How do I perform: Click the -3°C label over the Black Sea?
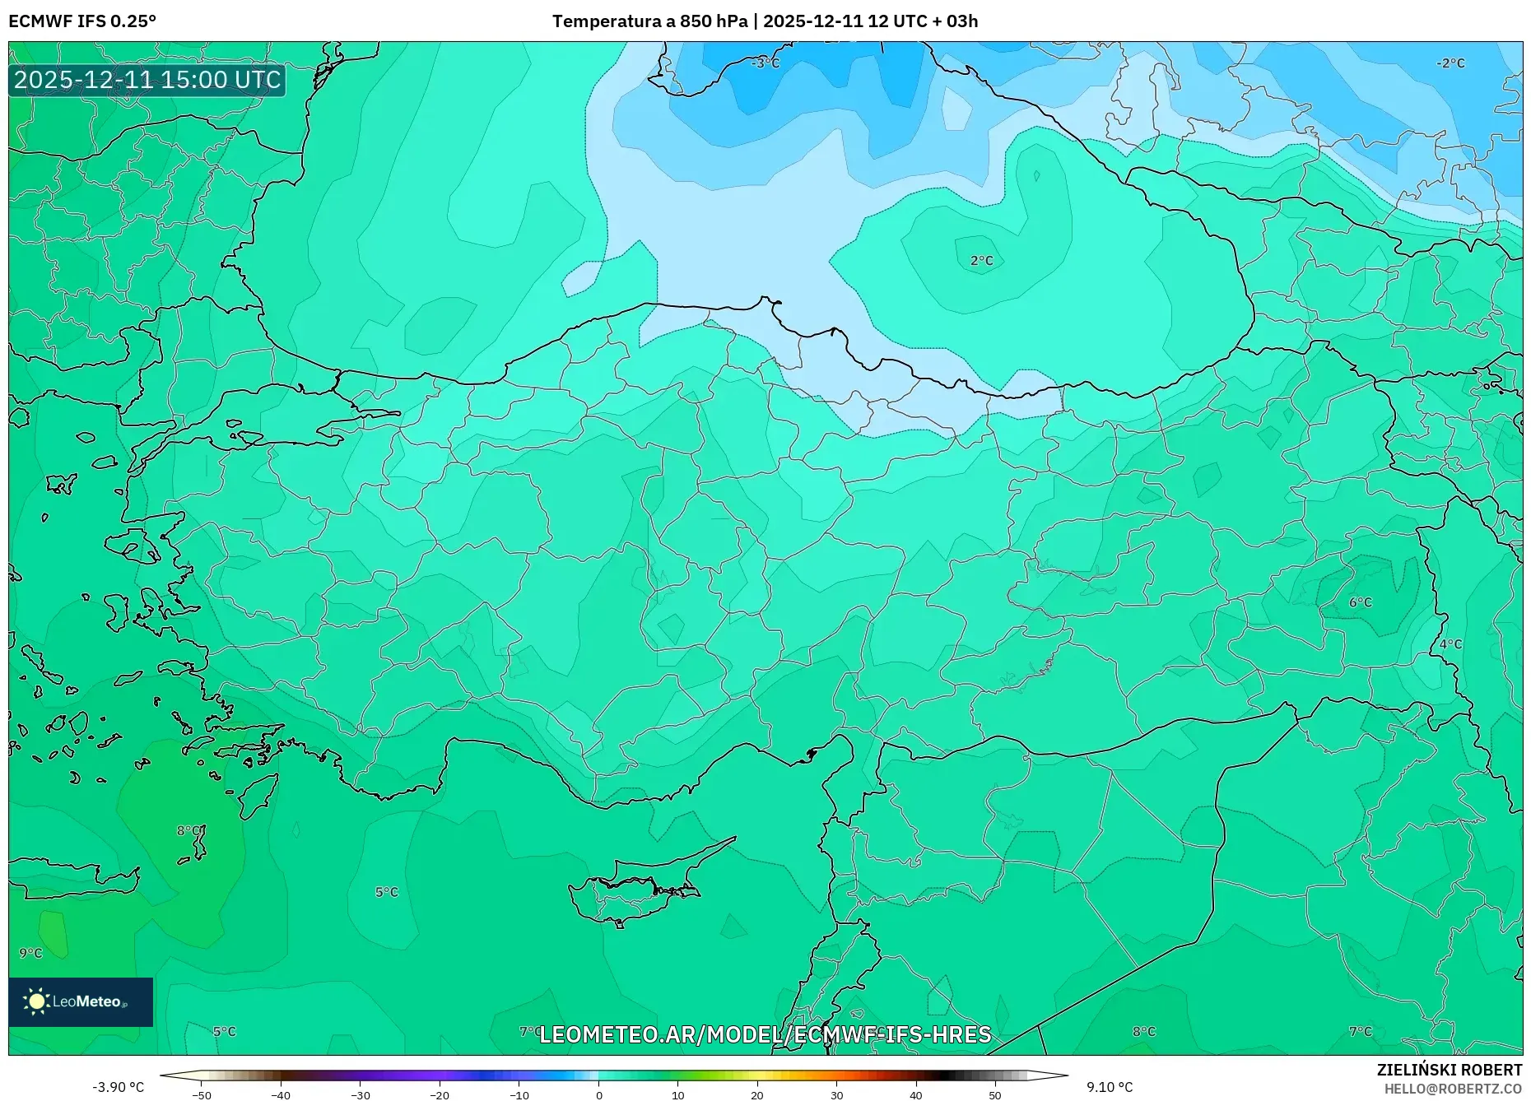point(765,63)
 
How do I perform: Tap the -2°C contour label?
point(1450,63)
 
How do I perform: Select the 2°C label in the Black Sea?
point(981,261)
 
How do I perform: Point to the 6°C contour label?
point(1360,602)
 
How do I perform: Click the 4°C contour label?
point(1450,644)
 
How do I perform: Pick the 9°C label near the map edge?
point(30,953)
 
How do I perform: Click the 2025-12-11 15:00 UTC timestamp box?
point(147,80)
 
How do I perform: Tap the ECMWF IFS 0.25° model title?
point(82,21)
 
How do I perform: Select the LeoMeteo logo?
point(81,1001)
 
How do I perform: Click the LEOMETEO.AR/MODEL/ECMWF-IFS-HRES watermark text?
point(765,1034)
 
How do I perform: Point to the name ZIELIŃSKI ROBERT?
point(1449,1070)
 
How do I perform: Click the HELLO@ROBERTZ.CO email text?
point(1452,1089)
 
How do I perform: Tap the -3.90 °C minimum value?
point(118,1087)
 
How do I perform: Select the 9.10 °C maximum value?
point(1109,1087)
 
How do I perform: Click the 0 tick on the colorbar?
point(598,1095)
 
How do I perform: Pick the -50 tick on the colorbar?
point(202,1095)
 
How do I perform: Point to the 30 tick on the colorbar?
point(836,1095)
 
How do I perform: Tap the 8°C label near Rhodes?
point(188,831)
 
